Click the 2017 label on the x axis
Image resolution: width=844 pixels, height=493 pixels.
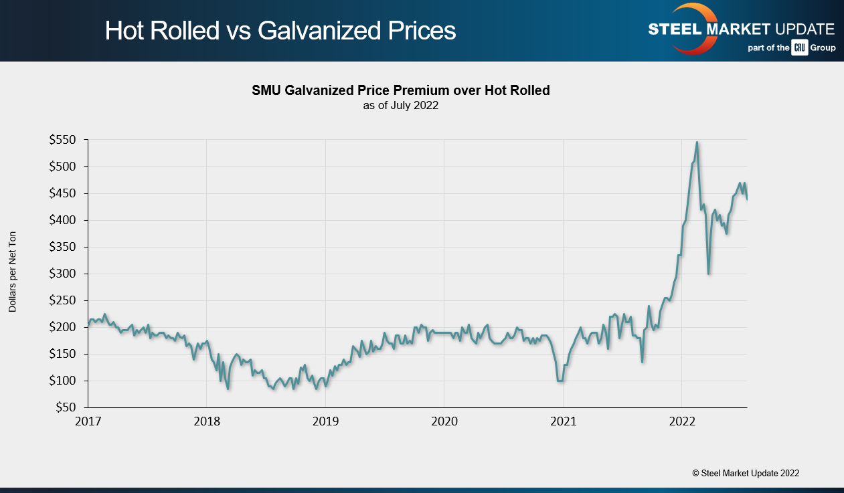tap(88, 422)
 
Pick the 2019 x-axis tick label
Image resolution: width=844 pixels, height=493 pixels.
tap(325, 422)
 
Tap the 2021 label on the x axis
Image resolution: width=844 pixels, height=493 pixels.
tap(563, 422)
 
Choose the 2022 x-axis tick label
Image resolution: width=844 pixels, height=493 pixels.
tap(681, 422)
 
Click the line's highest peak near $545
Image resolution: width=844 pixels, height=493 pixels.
tap(697, 142)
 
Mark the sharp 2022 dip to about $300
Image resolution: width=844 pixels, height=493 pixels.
tap(709, 274)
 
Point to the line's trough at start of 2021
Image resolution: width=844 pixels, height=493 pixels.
tap(560, 381)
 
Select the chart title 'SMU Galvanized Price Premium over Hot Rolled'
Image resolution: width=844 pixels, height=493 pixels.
tap(400, 90)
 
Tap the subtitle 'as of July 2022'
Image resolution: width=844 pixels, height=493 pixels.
tap(400, 105)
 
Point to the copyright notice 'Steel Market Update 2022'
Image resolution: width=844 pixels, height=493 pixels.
tap(746, 473)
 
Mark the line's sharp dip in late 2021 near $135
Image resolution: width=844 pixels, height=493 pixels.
tap(643, 362)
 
